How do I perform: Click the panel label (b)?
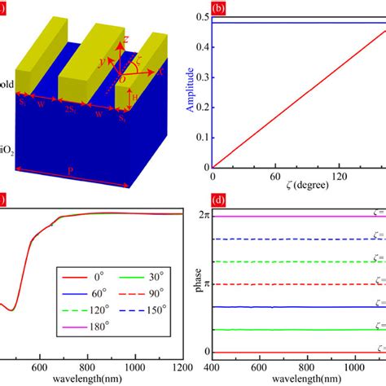click(217, 10)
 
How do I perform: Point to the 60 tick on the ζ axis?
click(266, 175)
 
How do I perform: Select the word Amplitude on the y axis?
click(187, 90)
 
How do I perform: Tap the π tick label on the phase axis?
click(204, 284)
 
